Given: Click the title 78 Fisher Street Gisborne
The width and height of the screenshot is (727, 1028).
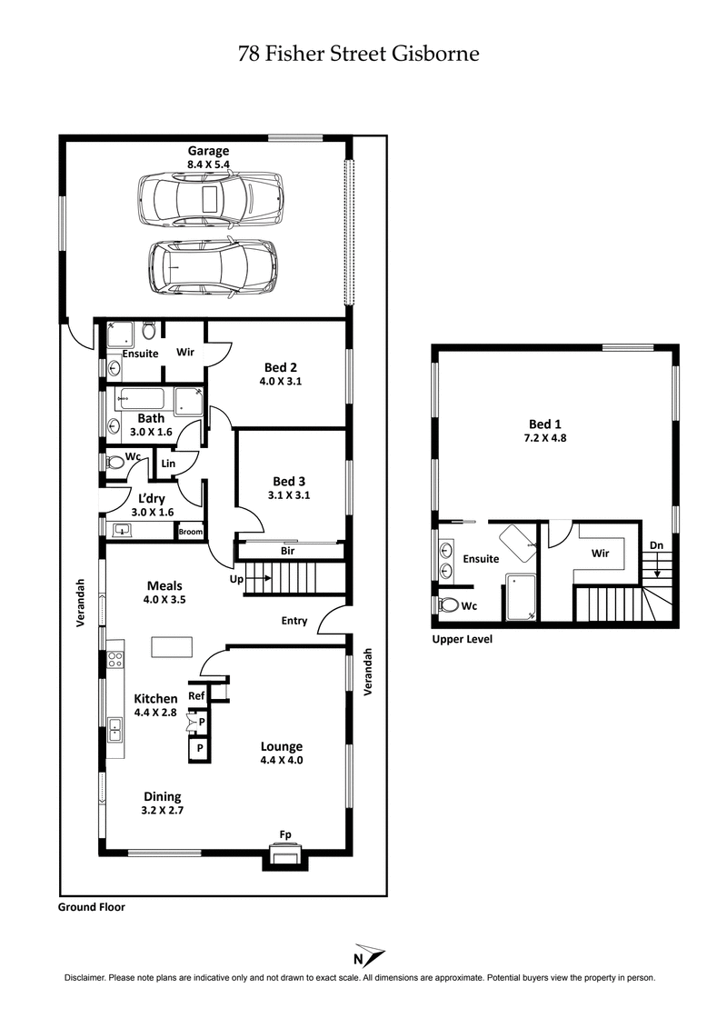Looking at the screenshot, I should pyautogui.click(x=358, y=54).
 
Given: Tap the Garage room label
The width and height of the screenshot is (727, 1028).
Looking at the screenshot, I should pyautogui.click(x=208, y=151).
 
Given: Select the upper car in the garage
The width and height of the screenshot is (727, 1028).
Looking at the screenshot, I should pyautogui.click(x=208, y=197).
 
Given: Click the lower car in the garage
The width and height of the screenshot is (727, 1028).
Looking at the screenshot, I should pyautogui.click(x=212, y=266).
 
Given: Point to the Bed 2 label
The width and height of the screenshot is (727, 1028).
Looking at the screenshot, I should pyautogui.click(x=279, y=367).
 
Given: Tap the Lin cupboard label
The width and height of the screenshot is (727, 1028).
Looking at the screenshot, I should pyautogui.click(x=168, y=464).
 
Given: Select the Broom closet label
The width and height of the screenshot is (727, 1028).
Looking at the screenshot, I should pyautogui.click(x=190, y=532).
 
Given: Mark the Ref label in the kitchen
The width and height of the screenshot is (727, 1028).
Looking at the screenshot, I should pyautogui.click(x=196, y=695).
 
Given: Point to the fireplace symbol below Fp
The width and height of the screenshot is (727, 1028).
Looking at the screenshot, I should pyautogui.click(x=285, y=855).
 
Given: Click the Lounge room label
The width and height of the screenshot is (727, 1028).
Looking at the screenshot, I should pyautogui.click(x=281, y=746).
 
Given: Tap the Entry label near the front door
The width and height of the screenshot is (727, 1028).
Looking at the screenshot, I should pyautogui.click(x=293, y=622).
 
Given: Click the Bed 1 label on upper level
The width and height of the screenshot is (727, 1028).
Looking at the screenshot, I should pyautogui.click(x=545, y=424).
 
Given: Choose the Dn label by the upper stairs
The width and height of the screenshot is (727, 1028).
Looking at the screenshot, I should pyautogui.click(x=656, y=545).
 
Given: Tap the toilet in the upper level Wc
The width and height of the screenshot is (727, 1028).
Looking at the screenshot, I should pyautogui.click(x=447, y=604).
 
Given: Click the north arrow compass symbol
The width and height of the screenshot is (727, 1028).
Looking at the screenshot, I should pyautogui.click(x=368, y=954).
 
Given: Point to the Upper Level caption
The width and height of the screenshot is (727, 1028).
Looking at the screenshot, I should pyautogui.click(x=462, y=639).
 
